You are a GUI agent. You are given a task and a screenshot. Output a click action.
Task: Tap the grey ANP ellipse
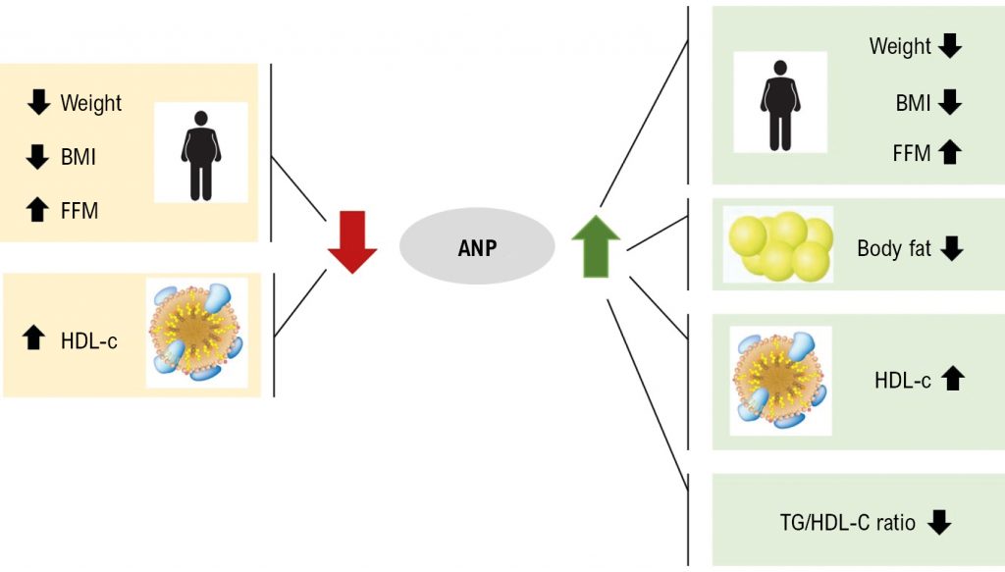[476, 247]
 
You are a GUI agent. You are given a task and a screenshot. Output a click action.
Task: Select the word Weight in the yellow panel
[91, 103]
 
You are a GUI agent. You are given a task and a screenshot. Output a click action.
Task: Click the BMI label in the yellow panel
[79, 156]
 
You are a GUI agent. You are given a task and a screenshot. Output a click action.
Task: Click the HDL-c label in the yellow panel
[88, 339]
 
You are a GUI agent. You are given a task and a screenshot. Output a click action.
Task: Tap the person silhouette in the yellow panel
[201, 155]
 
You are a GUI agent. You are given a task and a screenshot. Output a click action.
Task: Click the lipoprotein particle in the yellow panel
[196, 334]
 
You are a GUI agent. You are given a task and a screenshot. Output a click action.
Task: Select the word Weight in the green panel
[900, 46]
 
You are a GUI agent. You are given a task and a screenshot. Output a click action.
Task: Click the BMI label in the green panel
[913, 102]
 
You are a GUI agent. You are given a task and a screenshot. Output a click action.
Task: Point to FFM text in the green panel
[912, 153]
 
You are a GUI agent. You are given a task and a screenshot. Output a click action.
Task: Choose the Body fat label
[894, 248]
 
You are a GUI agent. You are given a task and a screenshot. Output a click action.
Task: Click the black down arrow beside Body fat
[951, 248]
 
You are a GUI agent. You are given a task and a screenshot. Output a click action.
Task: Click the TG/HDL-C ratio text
[846, 523]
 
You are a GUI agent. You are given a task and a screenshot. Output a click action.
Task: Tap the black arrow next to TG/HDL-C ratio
[939, 522]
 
